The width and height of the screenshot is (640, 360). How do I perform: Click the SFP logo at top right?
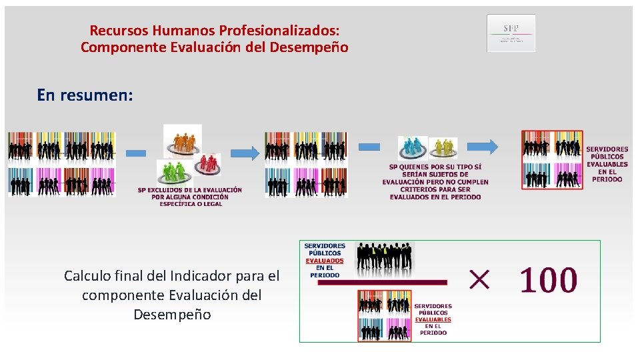click(x=511, y=33)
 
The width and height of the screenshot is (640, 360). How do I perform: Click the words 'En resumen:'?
click(x=85, y=95)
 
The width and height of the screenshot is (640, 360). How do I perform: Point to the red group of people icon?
click(x=209, y=162)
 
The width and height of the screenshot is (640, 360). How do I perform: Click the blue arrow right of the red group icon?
click(x=246, y=153)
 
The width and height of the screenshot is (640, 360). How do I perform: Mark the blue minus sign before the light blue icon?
click(x=369, y=147)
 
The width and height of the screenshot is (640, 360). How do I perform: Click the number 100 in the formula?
click(x=548, y=281)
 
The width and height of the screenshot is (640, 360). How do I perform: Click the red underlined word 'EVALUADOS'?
click(x=325, y=261)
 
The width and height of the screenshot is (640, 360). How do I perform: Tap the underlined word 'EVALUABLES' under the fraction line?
click(x=433, y=319)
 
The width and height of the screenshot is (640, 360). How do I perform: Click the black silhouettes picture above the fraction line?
click(x=385, y=258)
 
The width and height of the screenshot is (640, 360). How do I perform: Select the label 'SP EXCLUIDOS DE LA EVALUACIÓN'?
click(x=190, y=190)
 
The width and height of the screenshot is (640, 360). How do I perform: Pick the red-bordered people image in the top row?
click(x=552, y=161)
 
